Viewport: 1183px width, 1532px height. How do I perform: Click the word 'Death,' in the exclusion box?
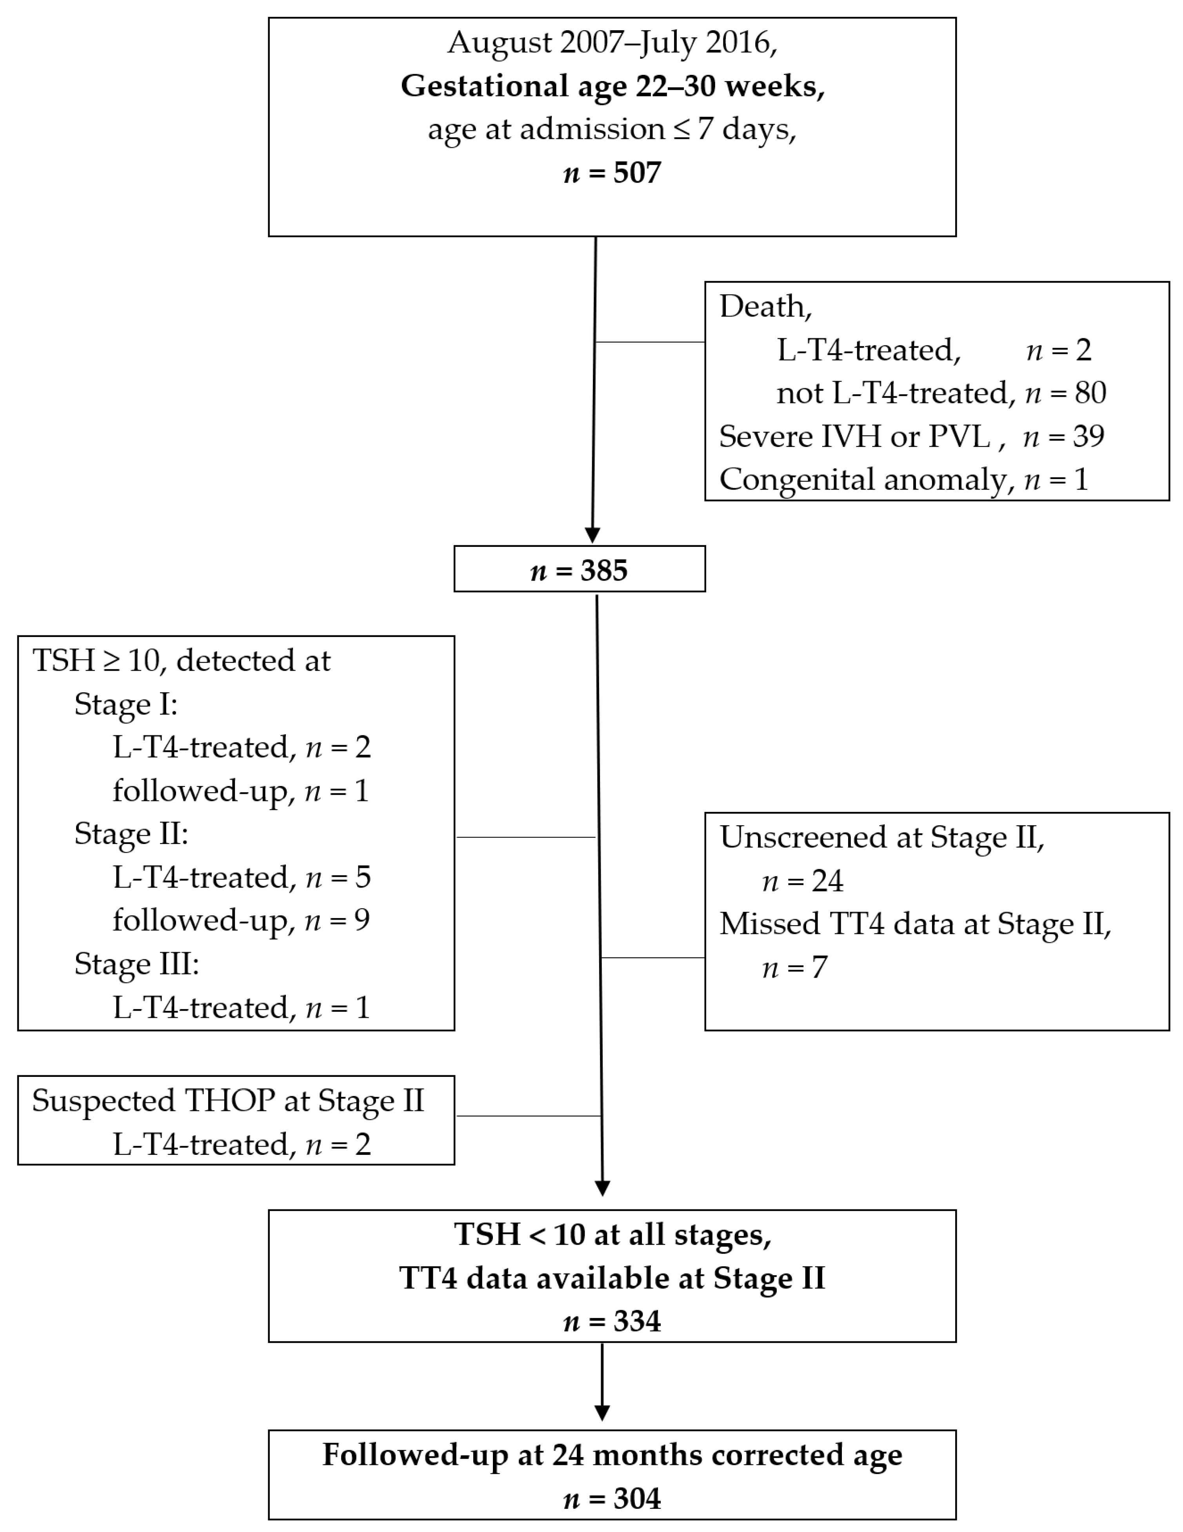click(x=765, y=307)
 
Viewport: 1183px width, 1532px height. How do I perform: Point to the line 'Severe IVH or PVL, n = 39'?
click(x=911, y=436)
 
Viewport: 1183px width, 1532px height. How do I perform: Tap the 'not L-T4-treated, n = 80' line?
click(x=940, y=393)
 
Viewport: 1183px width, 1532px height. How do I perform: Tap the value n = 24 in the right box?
click(x=802, y=881)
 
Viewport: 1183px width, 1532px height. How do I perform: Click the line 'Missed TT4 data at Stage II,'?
click(x=915, y=924)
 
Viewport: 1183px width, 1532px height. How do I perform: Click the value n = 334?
click(x=612, y=1321)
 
